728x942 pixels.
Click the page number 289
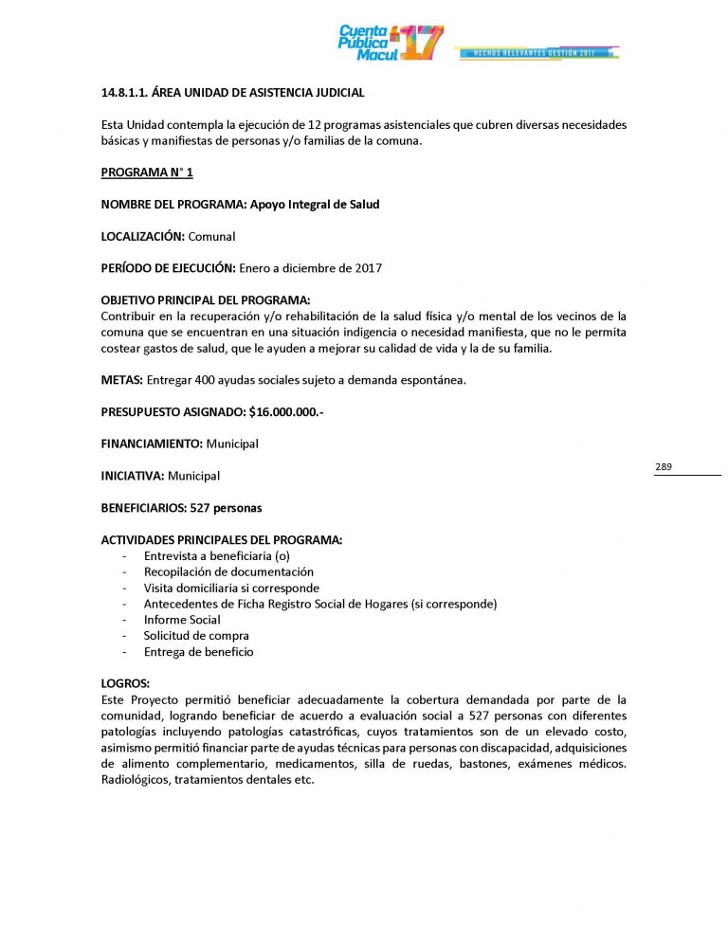tap(664, 467)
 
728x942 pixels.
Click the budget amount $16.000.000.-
tap(286, 412)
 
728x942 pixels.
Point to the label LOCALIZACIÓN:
tap(143, 236)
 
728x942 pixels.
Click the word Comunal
tap(212, 236)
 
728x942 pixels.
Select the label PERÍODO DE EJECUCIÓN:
tap(168, 268)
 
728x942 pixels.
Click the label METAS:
tap(122, 380)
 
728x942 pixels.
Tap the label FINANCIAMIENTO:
tap(152, 444)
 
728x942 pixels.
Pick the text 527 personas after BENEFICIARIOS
tap(226, 508)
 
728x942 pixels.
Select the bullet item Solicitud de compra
tap(196, 636)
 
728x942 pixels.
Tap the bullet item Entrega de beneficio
tap(198, 652)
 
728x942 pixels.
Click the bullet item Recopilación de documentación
tap(227, 571)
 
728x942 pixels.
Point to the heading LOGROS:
tap(125, 683)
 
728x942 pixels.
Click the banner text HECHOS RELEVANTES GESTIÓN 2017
tap(537, 53)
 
